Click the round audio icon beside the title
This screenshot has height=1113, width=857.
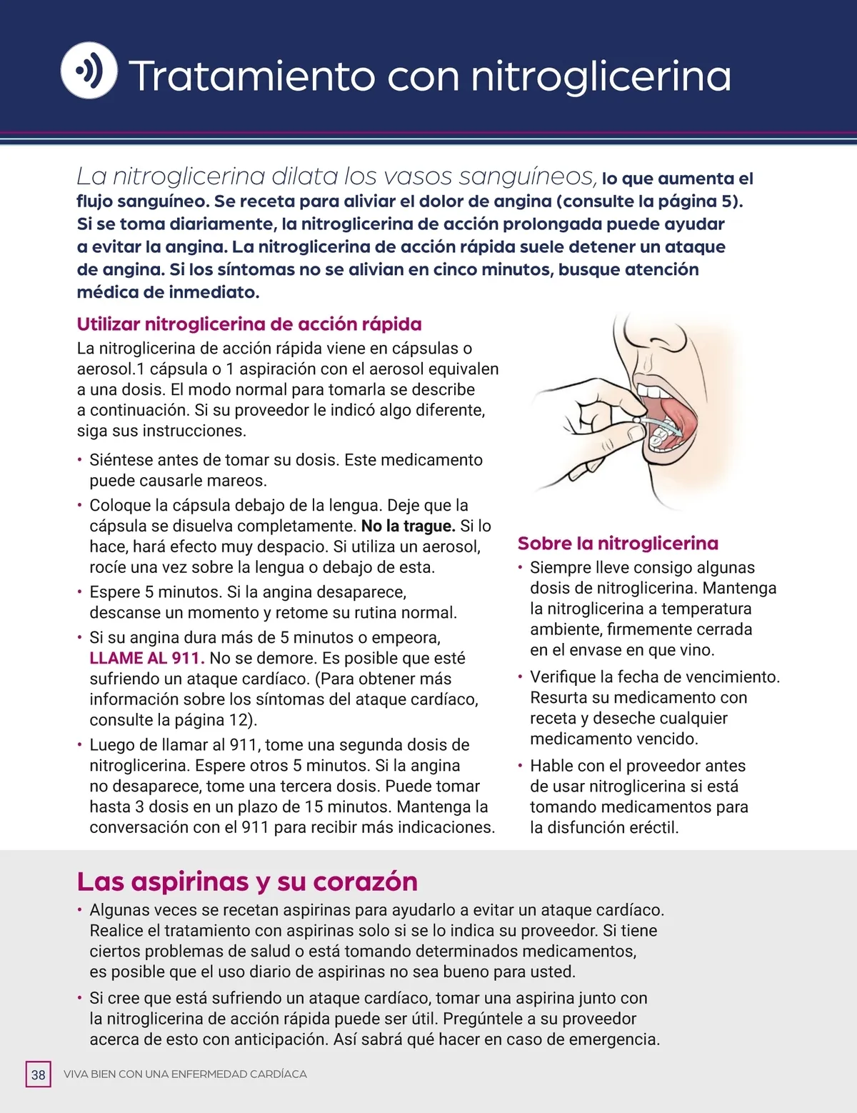(89, 70)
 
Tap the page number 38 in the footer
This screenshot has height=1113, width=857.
(39, 1074)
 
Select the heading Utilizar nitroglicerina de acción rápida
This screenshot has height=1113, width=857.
(249, 324)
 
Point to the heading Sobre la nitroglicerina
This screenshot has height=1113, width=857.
(618, 544)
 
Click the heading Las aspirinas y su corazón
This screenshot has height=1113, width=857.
(247, 882)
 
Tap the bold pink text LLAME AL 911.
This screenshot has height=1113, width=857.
(147, 658)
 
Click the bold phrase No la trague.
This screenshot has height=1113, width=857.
(408, 526)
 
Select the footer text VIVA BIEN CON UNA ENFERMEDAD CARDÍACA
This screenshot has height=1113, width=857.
(185, 1074)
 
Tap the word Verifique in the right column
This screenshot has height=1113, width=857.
(563, 677)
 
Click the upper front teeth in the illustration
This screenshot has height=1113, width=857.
(651, 391)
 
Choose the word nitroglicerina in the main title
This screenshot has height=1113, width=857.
(601, 76)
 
